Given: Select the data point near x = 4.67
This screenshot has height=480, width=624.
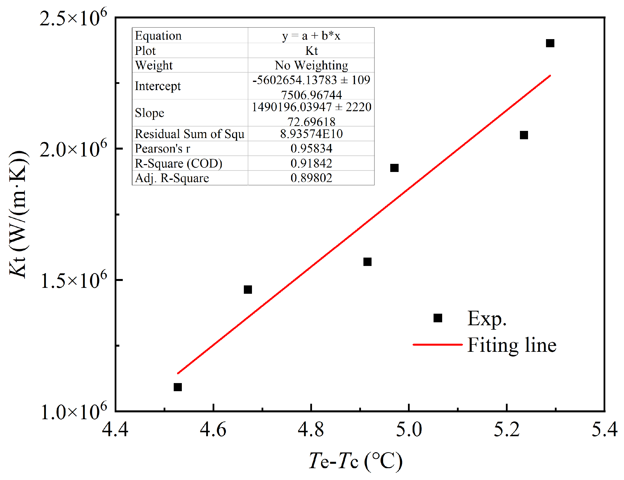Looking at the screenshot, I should click(x=248, y=289).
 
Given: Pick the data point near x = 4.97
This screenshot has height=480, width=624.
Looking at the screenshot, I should click(x=394, y=168).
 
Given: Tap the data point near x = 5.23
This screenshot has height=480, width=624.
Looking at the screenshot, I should click(x=524, y=135).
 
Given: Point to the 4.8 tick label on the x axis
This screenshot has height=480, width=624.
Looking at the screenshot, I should click(x=311, y=429).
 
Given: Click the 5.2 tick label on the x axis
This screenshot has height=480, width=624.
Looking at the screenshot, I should click(x=507, y=429).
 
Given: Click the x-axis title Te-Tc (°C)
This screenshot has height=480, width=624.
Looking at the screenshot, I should click(x=356, y=461).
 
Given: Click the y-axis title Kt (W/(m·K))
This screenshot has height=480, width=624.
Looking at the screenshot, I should click(x=18, y=214).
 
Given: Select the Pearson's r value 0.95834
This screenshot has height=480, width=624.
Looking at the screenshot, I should click(x=311, y=148).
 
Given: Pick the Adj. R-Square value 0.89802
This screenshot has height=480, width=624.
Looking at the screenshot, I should click(x=311, y=178).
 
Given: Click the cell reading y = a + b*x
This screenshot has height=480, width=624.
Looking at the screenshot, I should click(x=311, y=36).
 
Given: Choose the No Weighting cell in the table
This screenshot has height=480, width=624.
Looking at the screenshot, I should click(x=311, y=65).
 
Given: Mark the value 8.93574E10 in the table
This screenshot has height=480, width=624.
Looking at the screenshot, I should click(x=311, y=134).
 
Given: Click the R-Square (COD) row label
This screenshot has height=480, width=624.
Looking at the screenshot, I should click(x=178, y=163).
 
